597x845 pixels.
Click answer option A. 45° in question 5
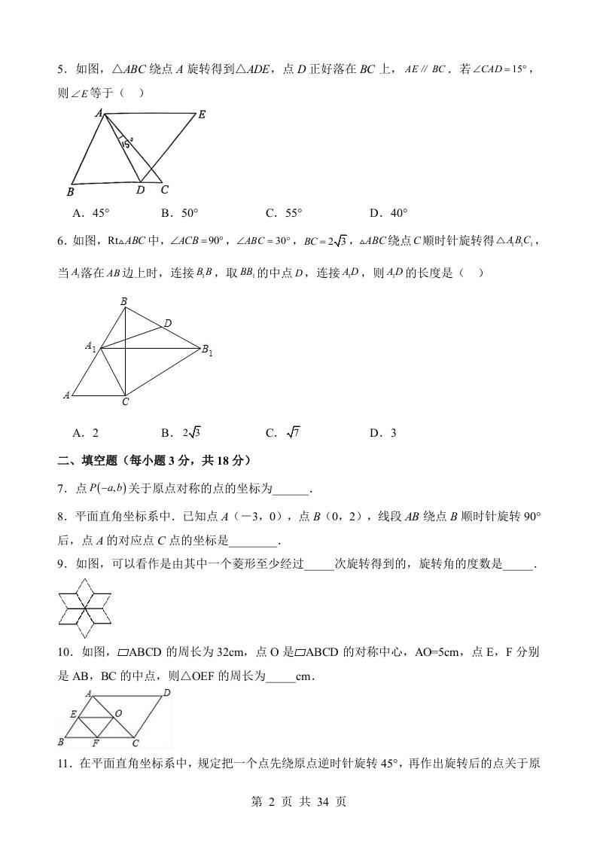90,213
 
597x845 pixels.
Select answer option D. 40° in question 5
388,213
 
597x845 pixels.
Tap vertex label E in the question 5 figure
201,115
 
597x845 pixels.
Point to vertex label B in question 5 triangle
70,190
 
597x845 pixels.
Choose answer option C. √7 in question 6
282,432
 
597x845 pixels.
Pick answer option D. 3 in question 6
382,432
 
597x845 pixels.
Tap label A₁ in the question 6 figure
90,346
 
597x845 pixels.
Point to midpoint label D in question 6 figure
167,322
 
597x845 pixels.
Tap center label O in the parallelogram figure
118,712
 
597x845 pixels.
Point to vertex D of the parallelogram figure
166,692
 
